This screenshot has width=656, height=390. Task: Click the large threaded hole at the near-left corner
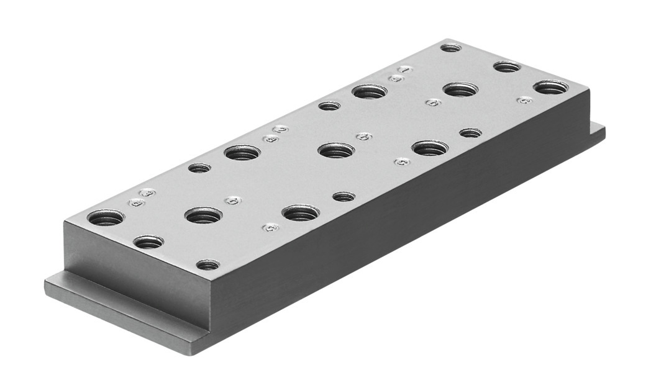[106, 217]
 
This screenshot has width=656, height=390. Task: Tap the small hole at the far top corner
[450, 47]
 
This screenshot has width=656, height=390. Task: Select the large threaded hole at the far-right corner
[550, 87]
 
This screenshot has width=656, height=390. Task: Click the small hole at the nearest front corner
[207, 265]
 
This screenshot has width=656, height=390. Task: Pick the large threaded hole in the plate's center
[336, 150]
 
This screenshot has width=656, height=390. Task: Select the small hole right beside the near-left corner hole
[148, 242]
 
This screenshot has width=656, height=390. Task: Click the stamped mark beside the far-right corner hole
[524, 99]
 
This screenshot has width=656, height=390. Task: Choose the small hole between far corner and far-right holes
[507, 66]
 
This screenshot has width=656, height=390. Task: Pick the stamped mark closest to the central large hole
[364, 136]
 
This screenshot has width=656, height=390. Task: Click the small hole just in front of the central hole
[344, 197]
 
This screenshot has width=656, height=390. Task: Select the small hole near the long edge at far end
[470, 132]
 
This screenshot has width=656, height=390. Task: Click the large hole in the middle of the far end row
[460, 89]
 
